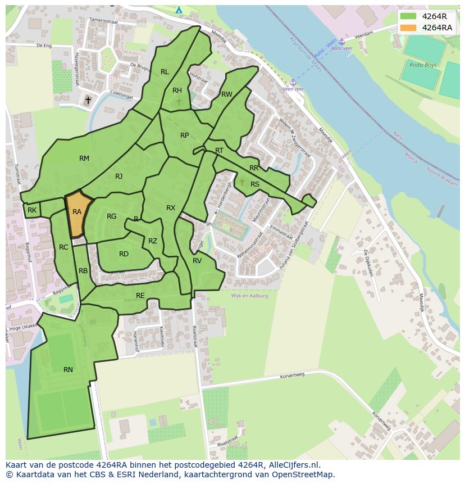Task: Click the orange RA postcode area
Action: point(77,214)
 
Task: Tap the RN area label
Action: point(68,369)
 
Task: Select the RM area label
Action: point(84,159)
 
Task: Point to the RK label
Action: point(32,210)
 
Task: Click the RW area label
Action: point(226,94)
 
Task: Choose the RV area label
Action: point(197,261)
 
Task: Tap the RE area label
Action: point(140,295)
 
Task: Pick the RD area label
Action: point(124,254)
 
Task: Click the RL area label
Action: point(165,72)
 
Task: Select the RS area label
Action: point(255,184)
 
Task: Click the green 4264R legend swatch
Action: point(408,16)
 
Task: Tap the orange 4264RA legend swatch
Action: point(408,28)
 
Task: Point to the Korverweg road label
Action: point(292,373)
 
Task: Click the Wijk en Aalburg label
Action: point(249,296)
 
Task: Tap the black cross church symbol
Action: point(88,101)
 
